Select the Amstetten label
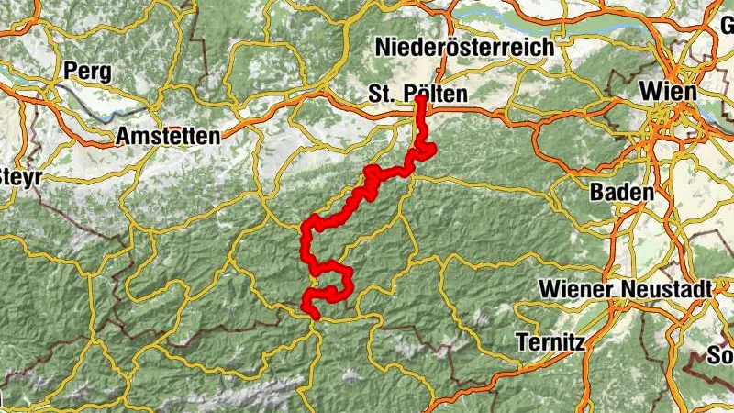[x=168, y=137]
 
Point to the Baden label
[x=622, y=193]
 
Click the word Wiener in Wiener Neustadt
[x=575, y=288]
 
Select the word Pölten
[x=437, y=94]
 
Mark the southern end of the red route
[x=315, y=317]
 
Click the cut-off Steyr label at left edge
[x=20, y=176]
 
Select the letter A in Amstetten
[x=123, y=137]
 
